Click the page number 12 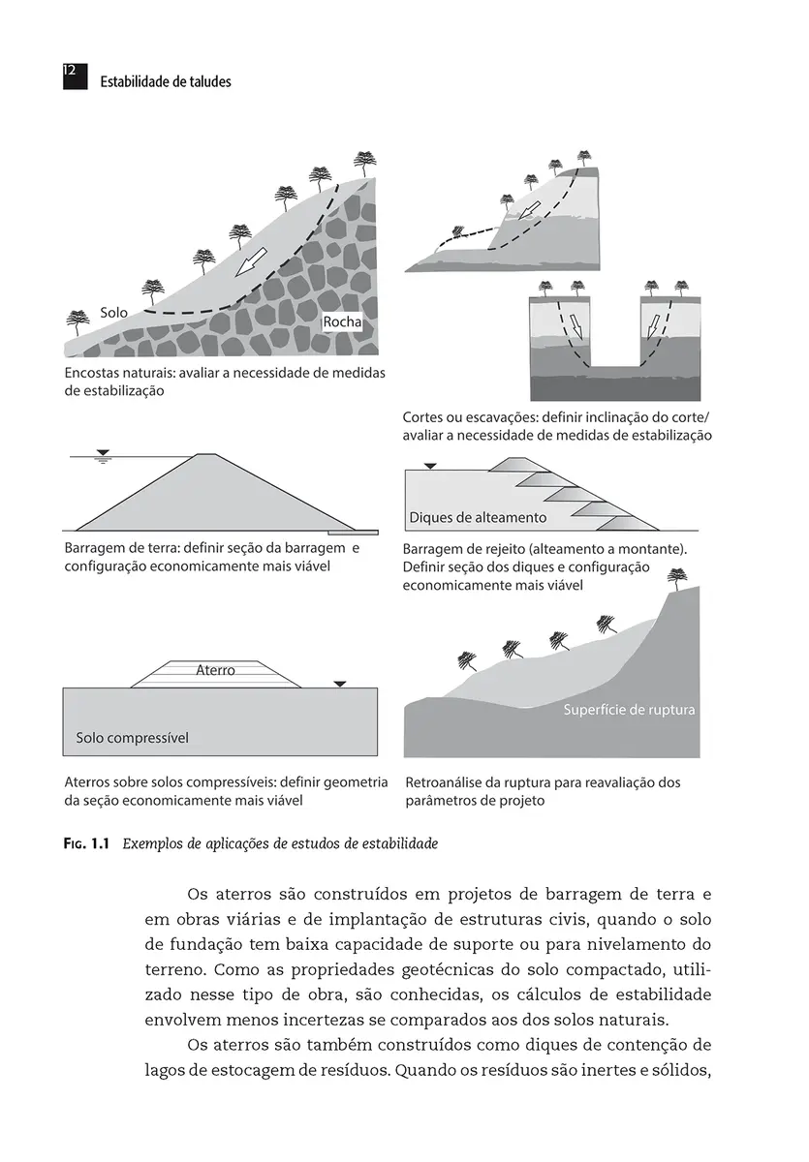click(x=70, y=72)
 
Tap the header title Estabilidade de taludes click(x=166, y=82)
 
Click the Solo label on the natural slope click(x=114, y=314)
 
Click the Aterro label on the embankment click(x=215, y=669)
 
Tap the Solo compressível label click(x=132, y=738)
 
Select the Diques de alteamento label click(x=478, y=517)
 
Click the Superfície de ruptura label click(x=630, y=710)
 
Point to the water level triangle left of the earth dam click(x=103, y=452)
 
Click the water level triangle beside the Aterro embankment click(x=339, y=684)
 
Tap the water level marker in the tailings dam click(x=431, y=467)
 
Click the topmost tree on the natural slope click(x=364, y=159)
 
